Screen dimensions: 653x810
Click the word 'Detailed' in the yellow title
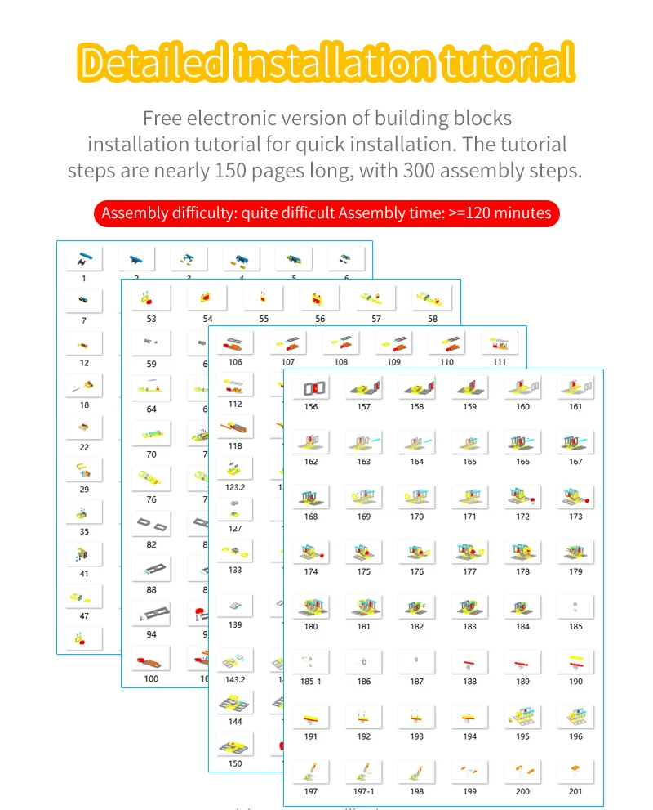pyautogui.click(x=153, y=62)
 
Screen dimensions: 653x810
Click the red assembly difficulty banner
pyautogui.click(x=326, y=213)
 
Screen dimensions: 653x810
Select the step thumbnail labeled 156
pyautogui.click(x=311, y=387)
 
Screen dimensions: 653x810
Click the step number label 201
pyautogui.click(x=575, y=791)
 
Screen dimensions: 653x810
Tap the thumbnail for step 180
pyautogui.click(x=311, y=607)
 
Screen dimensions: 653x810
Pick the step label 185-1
pyautogui.click(x=311, y=681)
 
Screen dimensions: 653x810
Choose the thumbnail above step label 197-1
pyautogui.click(x=363, y=772)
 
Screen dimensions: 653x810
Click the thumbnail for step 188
pyautogui.click(x=469, y=662)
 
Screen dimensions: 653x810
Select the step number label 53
pyautogui.click(x=151, y=319)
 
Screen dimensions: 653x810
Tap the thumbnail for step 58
pyautogui.click(x=432, y=299)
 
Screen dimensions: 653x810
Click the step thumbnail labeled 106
pyautogui.click(x=235, y=342)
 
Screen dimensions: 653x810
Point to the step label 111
pyautogui.click(x=499, y=362)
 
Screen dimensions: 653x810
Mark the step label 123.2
pyautogui.click(x=235, y=488)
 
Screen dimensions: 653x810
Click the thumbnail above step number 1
pyautogui.click(x=84, y=260)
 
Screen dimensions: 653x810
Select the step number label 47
pyautogui.click(x=84, y=615)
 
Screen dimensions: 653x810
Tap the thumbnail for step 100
pyautogui.click(x=151, y=659)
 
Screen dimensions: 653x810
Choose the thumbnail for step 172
pyautogui.click(x=522, y=497)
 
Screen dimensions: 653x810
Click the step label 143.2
pyautogui.click(x=235, y=679)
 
